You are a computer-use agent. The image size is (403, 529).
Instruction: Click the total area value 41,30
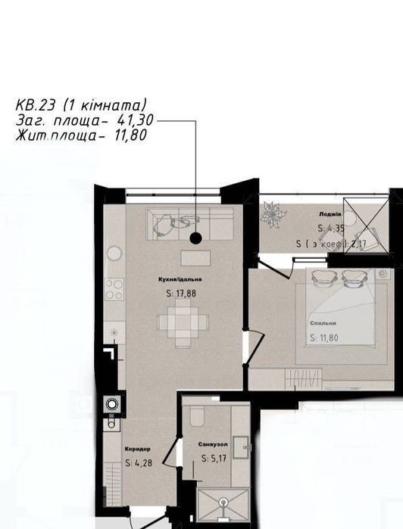point(135,120)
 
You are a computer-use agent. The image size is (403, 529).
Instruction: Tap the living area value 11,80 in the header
point(131,135)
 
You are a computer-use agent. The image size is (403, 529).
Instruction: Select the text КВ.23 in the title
point(35,105)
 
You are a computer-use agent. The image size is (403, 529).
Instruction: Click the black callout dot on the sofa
point(195,238)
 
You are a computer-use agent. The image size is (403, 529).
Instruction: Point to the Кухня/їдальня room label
point(180,279)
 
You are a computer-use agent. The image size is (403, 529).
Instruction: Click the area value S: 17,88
point(181,294)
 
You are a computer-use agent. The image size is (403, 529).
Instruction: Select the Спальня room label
point(323,323)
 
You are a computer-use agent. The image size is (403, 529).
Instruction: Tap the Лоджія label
point(330,214)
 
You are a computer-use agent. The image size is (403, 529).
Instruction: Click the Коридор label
point(137,449)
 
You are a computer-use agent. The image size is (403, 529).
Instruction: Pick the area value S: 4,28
point(139,463)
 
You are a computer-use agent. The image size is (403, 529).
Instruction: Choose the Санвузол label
point(213,445)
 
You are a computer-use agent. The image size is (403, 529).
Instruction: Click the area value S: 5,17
point(214,459)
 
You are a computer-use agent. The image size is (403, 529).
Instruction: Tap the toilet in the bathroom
point(197,415)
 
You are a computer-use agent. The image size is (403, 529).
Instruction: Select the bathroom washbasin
point(242,447)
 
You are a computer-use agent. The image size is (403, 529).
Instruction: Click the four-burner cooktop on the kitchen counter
point(114,289)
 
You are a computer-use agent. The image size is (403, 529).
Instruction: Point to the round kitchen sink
point(114,253)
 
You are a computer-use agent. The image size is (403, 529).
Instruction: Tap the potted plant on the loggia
point(273,214)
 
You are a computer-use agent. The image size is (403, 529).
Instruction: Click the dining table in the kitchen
point(183,322)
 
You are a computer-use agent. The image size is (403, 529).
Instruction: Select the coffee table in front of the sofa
point(195,258)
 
